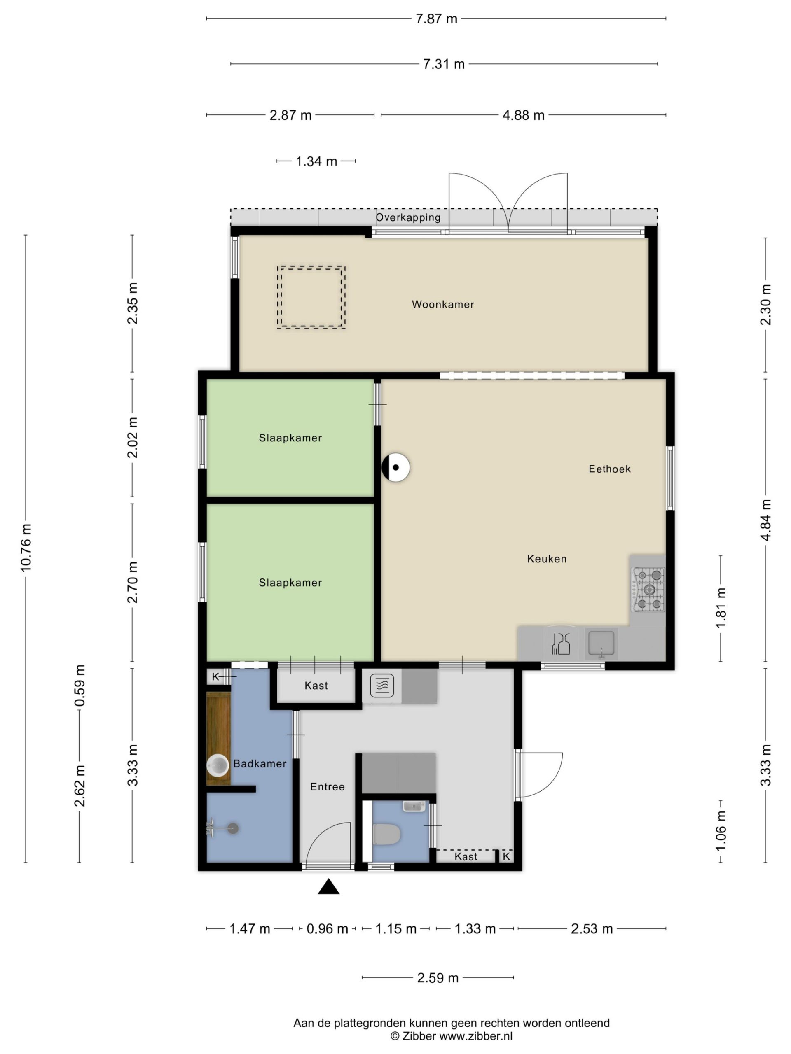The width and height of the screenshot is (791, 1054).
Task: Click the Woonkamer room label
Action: click(443, 305)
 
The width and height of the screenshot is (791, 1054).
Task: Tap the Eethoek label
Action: click(609, 469)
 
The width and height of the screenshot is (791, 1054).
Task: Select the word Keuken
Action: click(547, 559)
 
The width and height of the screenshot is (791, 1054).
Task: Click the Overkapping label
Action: click(408, 218)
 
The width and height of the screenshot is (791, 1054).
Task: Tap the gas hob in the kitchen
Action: click(648, 590)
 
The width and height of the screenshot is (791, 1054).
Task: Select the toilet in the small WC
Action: click(386, 834)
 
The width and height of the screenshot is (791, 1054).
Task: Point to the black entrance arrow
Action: click(328, 887)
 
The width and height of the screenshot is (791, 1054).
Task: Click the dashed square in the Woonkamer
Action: click(311, 297)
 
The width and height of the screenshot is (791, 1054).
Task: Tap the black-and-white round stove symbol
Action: click(396, 467)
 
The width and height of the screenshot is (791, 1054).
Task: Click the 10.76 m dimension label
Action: click(26, 548)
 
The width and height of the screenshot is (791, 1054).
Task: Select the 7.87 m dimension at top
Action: click(436, 19)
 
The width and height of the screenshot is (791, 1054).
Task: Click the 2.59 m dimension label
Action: click(438, 978)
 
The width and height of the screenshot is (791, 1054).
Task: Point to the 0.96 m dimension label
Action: click(327, 929)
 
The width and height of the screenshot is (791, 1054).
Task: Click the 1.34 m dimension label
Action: click(316, 161)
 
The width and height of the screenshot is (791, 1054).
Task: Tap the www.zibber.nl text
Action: click(476, 1036)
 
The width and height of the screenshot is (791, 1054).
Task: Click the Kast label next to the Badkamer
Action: click(316, 686)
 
